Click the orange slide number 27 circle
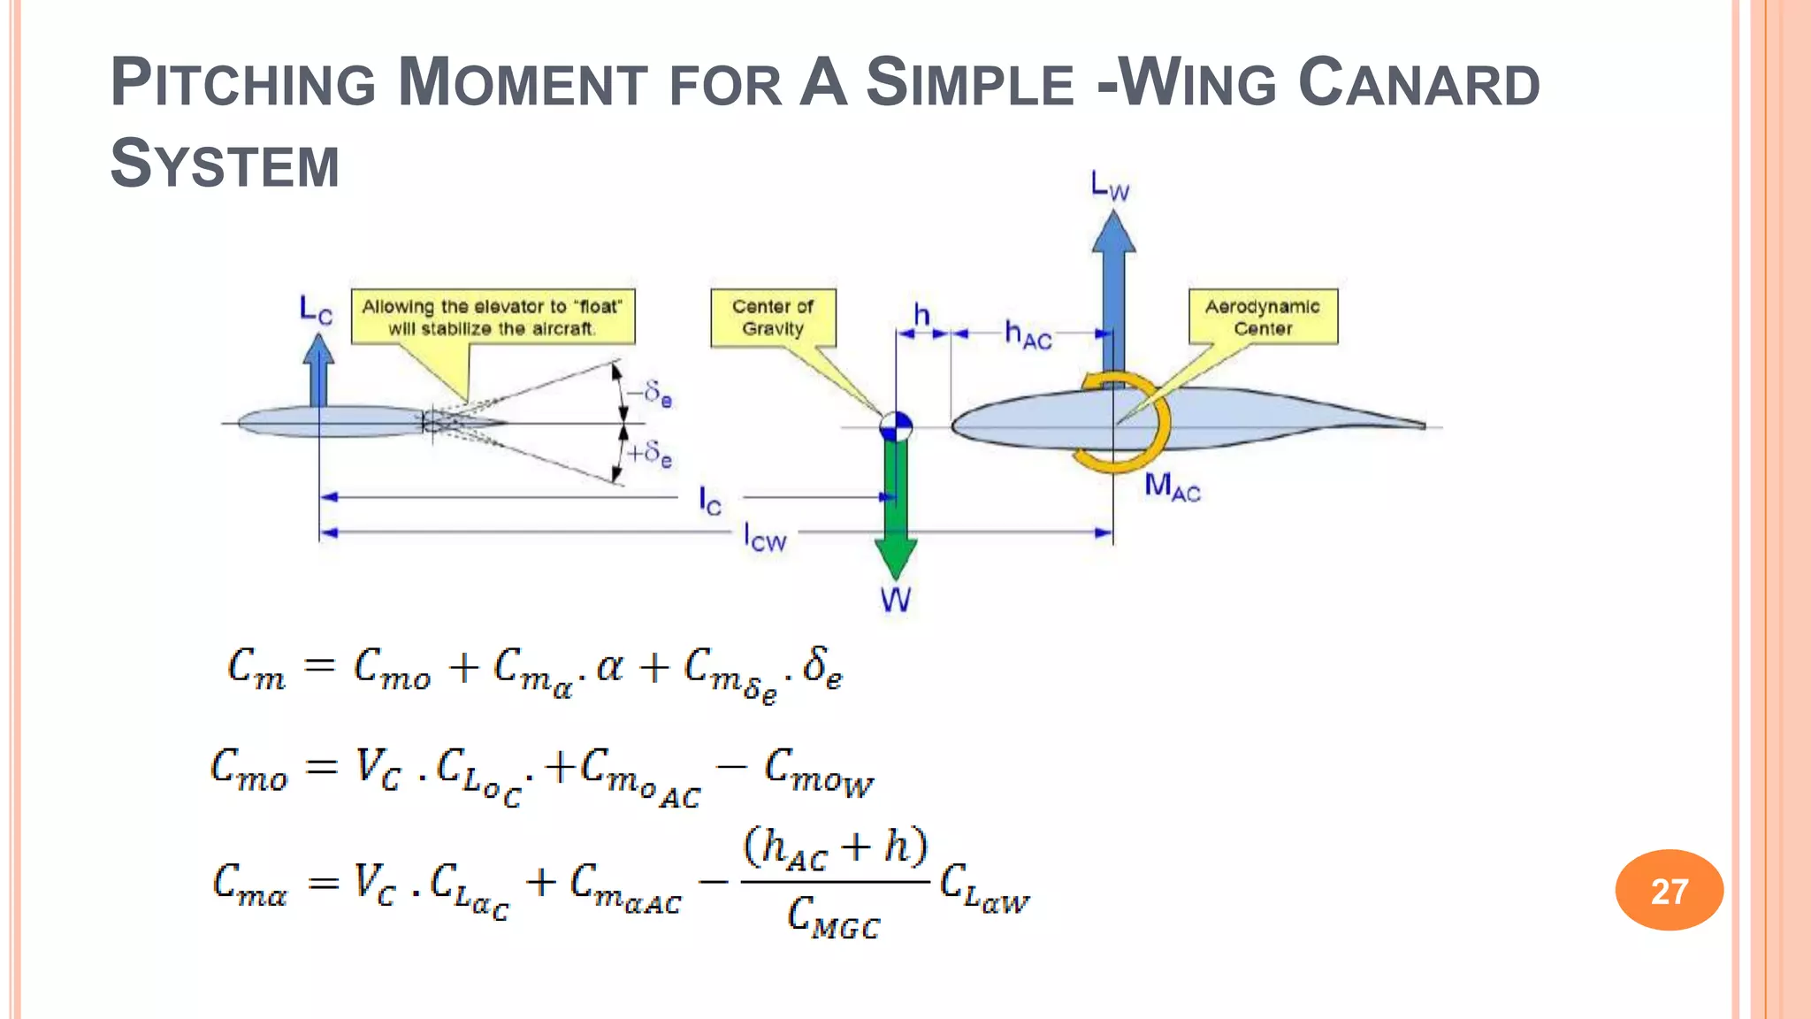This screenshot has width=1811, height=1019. pyautogui.click(x=1669, y=890)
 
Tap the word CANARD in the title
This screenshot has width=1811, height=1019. pyautogui.click(x=1418, y=83)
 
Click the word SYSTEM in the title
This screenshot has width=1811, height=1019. pyautogui.click(x=225, y=165)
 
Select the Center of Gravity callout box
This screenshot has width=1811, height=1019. pyautogui.click(x=773, y=318)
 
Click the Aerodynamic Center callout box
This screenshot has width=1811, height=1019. pyautogui.click(x=1262, y=317)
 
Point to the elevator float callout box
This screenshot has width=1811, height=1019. pyautogui.click(x=493, y=317)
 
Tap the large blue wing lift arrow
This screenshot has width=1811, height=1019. pyautogui.click(x=1113, y=292)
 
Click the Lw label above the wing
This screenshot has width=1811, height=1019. pyautogui.click(x=1110, y=187)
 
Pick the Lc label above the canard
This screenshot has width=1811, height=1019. pyautogui.click(x=316, y=310)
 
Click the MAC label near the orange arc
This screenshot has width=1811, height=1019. pyautogui.click(x=1172, y=487)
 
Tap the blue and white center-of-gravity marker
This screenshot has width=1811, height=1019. pyautogui.click(x=896, y=427)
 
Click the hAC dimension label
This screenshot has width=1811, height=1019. pyautogui.click(x=1028, y=334)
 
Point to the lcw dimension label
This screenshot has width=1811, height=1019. pyautogui.click(x=764, y=536)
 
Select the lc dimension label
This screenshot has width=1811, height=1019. pyautogui.click(x=710, y=501)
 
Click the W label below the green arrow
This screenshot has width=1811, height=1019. pyautogui.click(x=895, y=601)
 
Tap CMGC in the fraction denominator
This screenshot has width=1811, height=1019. pyautogui.click(x=833, y=916)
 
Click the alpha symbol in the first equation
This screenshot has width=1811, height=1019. pyautogui.click(x=609, y=668)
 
